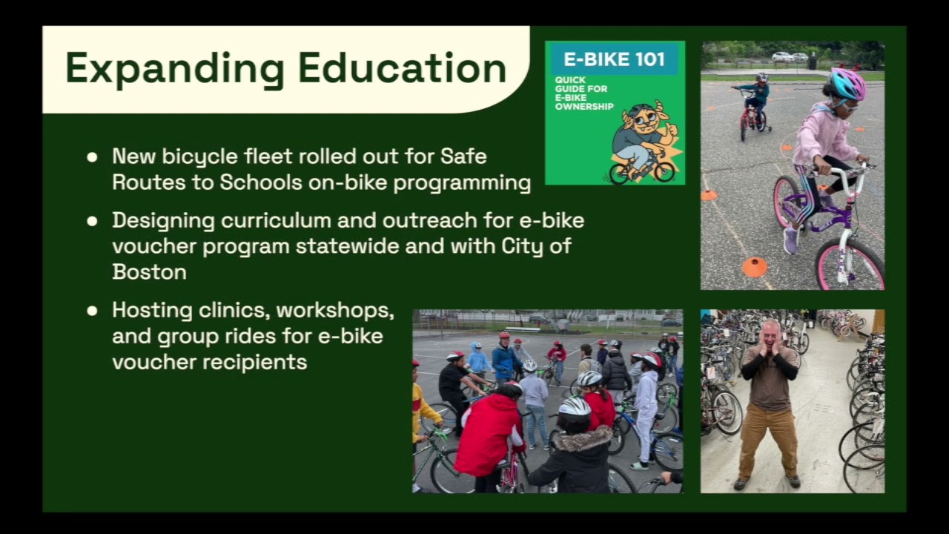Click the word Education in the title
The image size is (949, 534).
pyautogui.click(x=403, y=68)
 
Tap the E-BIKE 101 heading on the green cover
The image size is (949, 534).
pyautogui.click(x=615, y=59)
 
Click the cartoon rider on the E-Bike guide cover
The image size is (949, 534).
pyautogui.click(x=642, y=141)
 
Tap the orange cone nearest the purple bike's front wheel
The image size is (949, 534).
pyautogui.click(x=754, y=266)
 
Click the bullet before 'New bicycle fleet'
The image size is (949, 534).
pyautogui.click(x=92, y=157)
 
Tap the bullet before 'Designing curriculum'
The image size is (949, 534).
pyautogui.click(x=92, y=221)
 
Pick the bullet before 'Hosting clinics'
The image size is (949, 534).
pyautogui.click(x=92, y=311)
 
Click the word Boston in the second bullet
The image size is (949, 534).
pyautogui.click(x=149, y=271)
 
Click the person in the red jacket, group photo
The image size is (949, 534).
pyautogui.click(x=489, y=434)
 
